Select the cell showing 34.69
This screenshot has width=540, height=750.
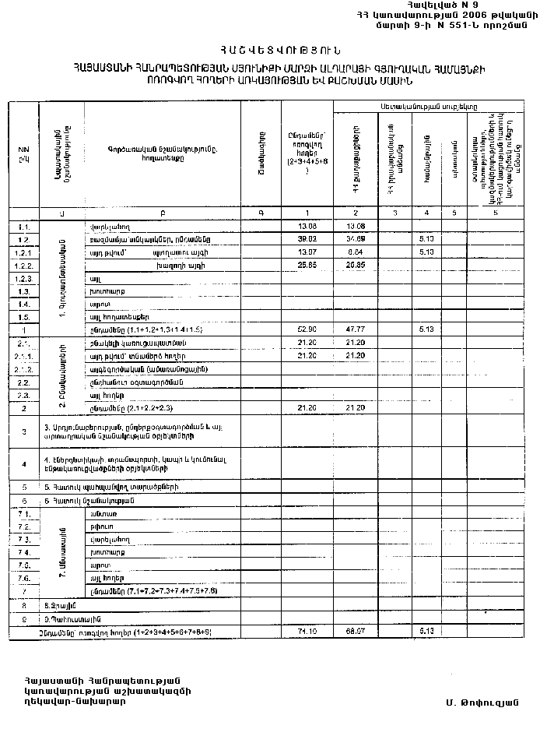point(354,239)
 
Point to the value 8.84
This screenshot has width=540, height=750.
point(354,252)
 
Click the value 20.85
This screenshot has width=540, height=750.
point(354,266)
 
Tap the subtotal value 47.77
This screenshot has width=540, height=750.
point(354,330)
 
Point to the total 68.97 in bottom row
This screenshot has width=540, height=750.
point(354,630)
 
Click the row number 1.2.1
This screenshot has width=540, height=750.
point(23,252)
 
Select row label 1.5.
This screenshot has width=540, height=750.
point(23,317)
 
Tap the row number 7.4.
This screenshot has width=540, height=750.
point(23,551)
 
